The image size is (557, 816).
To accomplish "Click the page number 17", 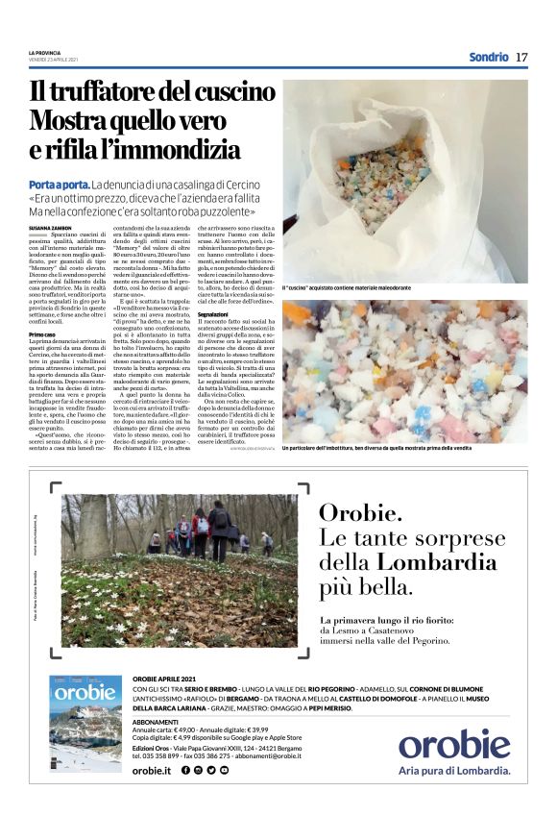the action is (x=521, y=57).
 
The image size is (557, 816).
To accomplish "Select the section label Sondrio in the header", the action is (x=488, y=57).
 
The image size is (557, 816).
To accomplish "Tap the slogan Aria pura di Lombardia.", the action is (x=455, y=770).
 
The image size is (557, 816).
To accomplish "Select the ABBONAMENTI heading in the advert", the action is (x=156, y=721).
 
